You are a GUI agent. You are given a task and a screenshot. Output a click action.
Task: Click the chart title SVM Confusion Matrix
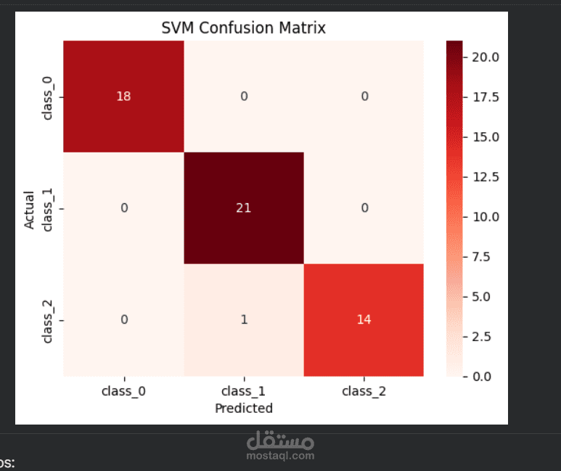coord(243,28)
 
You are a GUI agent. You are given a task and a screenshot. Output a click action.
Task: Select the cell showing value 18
coord(123,97)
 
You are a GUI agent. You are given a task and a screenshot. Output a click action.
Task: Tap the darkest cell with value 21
coord(244,208)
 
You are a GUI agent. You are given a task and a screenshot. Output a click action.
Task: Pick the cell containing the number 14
coord(364,320)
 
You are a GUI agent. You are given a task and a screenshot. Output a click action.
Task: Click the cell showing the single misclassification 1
coord(244,320)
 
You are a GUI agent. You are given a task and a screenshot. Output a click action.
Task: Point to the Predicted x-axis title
coord(244,409)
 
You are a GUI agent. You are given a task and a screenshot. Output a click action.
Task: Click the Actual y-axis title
coord(30,209)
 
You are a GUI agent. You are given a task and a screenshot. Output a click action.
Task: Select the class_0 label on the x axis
coord(123,391)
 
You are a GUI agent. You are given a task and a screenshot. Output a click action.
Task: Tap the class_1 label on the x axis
coord(244,391)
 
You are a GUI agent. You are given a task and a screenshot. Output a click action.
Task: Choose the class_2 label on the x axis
coord(364,391)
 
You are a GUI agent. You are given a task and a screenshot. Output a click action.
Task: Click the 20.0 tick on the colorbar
coord(485,57)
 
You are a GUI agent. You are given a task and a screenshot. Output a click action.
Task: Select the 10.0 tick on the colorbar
coord(485,217)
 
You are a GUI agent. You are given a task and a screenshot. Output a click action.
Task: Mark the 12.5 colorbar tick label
coord(485,177)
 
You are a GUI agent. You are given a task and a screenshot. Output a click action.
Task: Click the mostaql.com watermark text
coord(280,456)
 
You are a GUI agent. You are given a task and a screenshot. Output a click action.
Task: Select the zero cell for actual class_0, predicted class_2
coord(364,97)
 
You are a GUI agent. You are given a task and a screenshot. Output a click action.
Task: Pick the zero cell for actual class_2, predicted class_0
coord(123,320)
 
